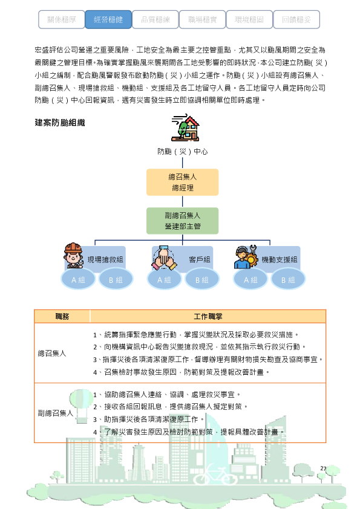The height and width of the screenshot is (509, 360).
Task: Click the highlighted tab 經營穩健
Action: pyautogui.click(x=108, y=19)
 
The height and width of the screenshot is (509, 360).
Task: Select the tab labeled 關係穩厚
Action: pyautogui.click(x=61, y=19)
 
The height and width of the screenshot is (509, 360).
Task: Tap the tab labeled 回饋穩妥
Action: pyautogui.click(x=296, y=19)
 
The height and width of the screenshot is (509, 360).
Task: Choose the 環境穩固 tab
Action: pyautogui.click(x=249, y=19)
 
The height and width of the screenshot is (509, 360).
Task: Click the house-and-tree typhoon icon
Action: pyautogui.click(x=185, y=127)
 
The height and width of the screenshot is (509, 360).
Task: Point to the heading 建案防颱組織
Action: pyautogui.click(x=60, y=123)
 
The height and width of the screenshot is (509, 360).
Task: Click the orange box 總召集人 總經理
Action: pyautogui.click(x=182, y=182)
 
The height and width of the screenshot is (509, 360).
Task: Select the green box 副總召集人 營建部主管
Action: pyautogui.click(x=182, y=221)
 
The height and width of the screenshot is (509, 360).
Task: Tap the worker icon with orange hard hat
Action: pyautogui.click(x=73, y=255)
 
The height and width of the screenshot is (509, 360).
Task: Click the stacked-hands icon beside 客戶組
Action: pyautogui.click(x=164, y=258)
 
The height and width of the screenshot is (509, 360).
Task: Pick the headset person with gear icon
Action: pyautogui.click(x=246, y=257)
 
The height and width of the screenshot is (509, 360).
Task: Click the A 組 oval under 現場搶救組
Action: pyautogui.click(x=78, y=279)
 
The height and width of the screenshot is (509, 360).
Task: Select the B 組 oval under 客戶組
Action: pyautogui.click(x=201, y=279)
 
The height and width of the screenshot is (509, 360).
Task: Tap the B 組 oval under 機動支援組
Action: pyautogui.click(x=288, y=279)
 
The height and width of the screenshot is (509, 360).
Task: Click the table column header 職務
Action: pyautogui.click(x=62, y=316)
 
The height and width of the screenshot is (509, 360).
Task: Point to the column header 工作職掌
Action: pyautogui.click(x=208, y=316)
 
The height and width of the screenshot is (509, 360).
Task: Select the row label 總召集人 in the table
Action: pyautogui.click(x=52, y=353)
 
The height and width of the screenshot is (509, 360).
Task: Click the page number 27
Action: pyautogui.click(x=323, y=468)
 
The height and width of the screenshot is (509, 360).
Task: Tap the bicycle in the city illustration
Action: pyautogui.click(x=217, y=475)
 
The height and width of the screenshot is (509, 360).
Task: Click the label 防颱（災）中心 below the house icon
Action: pyautogui.click(x=183, y=152)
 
